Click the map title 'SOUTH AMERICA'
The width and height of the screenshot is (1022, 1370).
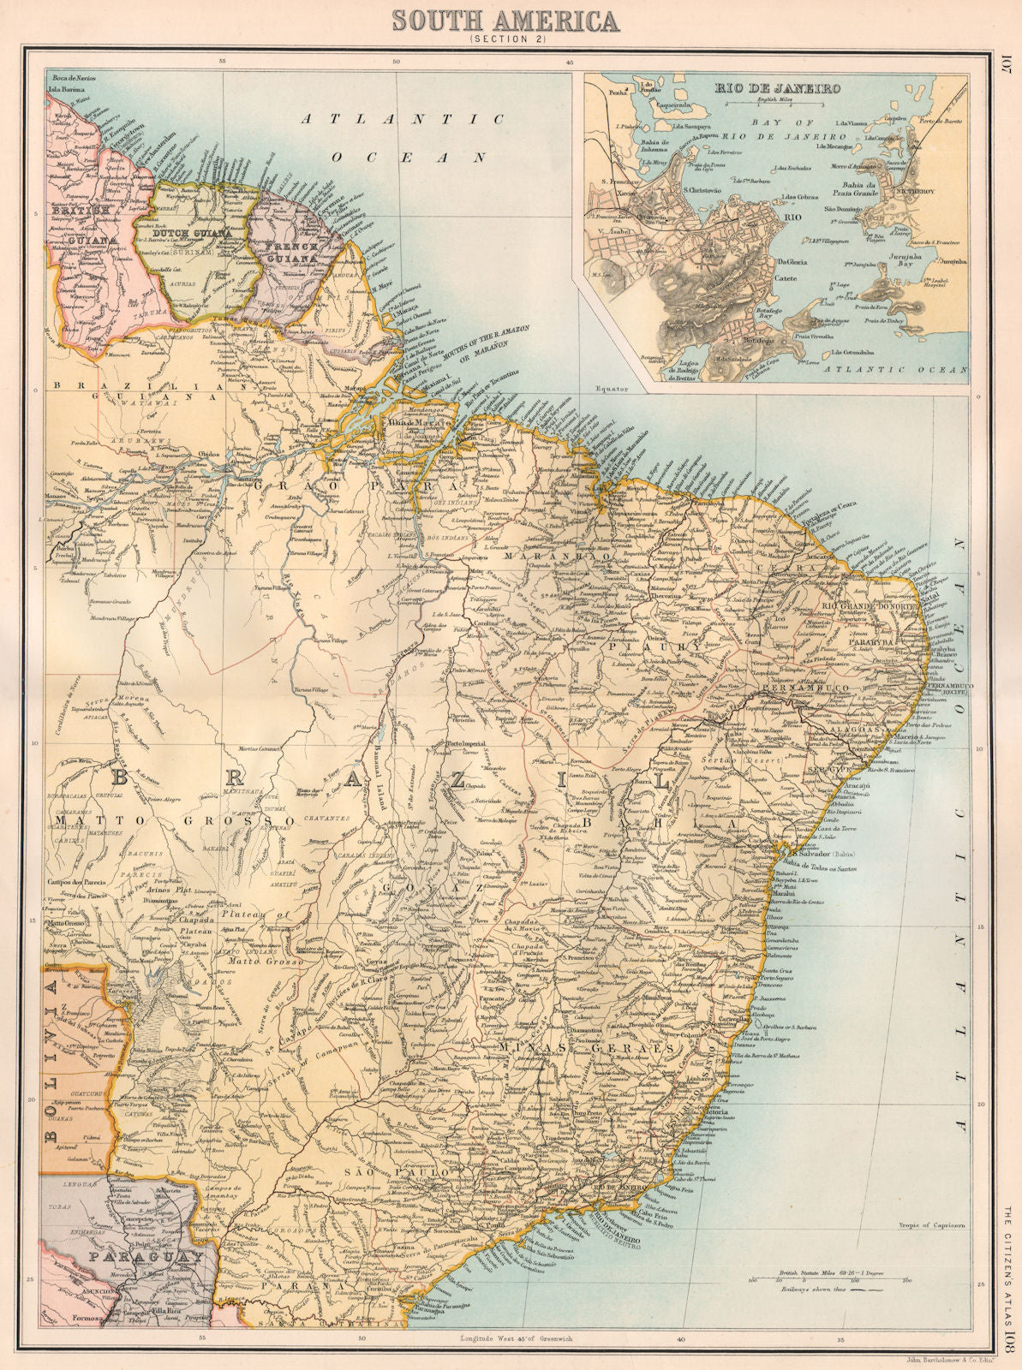(511, 18)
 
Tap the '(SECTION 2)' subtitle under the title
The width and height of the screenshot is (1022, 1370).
(510, 39)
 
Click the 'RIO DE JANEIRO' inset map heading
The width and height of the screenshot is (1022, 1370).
(778, 88)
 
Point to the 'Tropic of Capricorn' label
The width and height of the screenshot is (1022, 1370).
(931, 1225)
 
